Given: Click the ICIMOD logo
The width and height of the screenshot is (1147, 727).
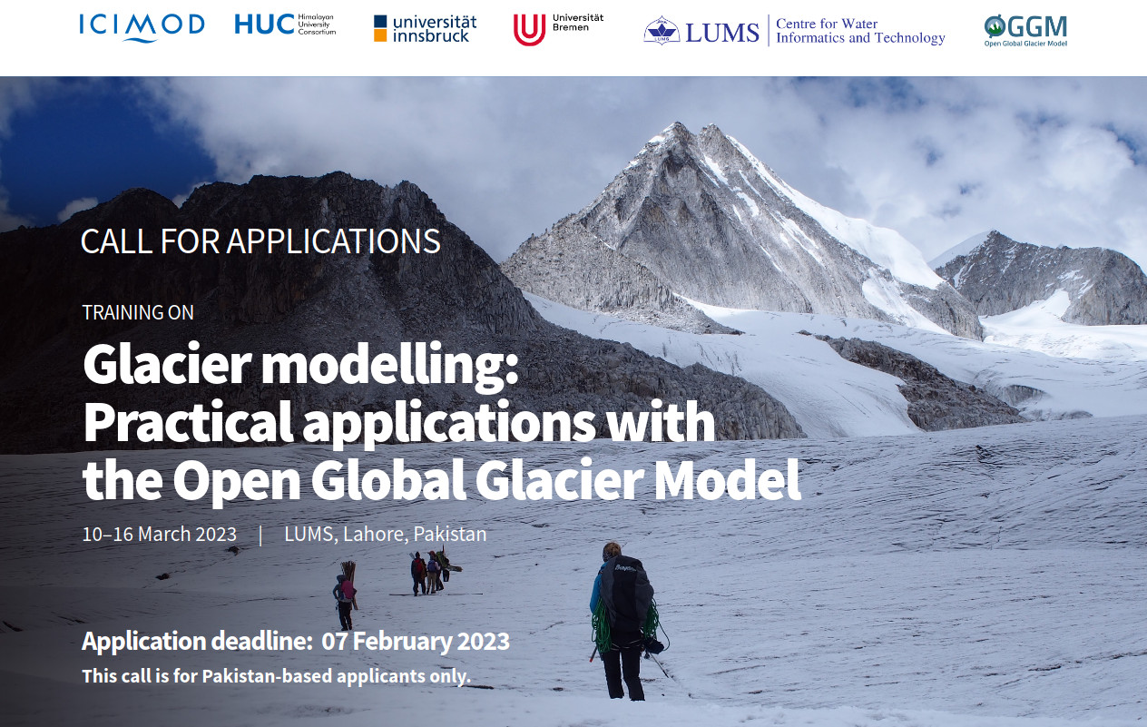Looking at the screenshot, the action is (x=142, y=27).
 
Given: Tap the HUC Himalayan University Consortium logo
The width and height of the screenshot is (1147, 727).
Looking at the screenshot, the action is (x=285, y=25).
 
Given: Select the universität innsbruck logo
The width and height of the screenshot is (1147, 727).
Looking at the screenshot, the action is (x=425, y=29).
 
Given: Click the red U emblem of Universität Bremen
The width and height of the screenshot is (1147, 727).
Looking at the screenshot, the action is (x=529, y=30).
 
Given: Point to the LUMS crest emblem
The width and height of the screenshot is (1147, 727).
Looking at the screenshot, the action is (x=662, y=31).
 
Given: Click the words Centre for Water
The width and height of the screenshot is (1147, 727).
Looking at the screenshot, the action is (x=827, y=24).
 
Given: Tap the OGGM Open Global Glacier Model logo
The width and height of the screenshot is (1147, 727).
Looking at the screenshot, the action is (x=1025, y=31).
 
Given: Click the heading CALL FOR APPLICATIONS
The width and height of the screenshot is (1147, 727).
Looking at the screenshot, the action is (x=260, y=241).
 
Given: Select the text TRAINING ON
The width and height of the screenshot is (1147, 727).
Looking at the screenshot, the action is (x=138, y=312).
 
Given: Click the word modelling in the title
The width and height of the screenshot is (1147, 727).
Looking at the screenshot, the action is (x=390, y=365).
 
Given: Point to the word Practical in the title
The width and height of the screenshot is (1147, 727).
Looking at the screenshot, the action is (x=188, y=423).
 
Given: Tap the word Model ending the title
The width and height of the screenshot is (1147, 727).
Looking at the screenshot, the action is (x=728, y=479).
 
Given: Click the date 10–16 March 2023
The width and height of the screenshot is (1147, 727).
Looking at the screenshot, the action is (x=159, y=535).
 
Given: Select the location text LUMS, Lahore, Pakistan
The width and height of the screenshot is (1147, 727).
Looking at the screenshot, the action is (x=385, y=535).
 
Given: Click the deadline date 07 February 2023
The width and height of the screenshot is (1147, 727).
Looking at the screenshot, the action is (x=416, y=642).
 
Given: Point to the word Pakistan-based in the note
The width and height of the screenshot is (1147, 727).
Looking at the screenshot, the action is (x=268, y=676).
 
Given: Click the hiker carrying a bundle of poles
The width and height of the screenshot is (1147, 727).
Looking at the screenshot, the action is (x=345, y=598).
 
